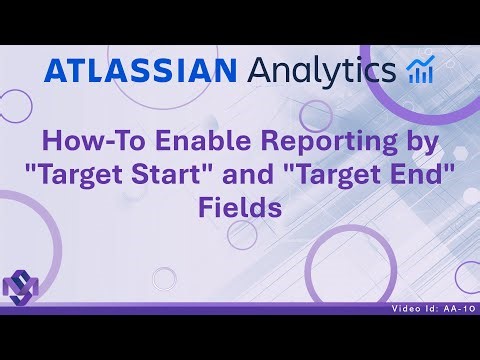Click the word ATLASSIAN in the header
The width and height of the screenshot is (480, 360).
(140, 71)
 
